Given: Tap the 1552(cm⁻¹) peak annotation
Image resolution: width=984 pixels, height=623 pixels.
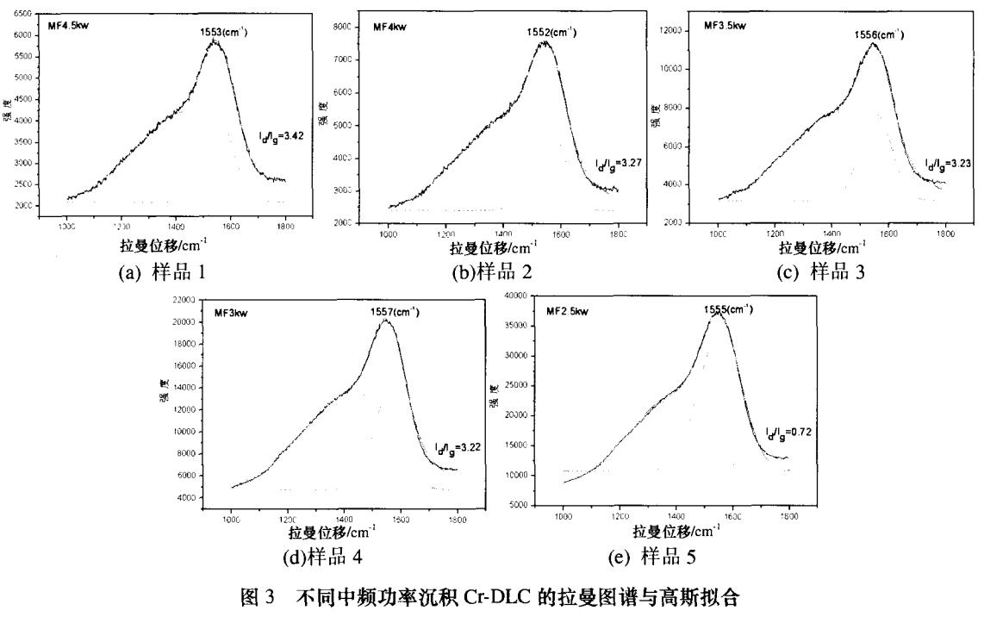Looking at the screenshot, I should click(x=551, y=32).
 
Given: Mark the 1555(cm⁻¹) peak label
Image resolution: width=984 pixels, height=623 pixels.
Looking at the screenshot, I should click(x=728, y=309).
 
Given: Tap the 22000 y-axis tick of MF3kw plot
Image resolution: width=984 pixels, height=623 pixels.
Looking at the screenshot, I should click(x=184, y=298).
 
